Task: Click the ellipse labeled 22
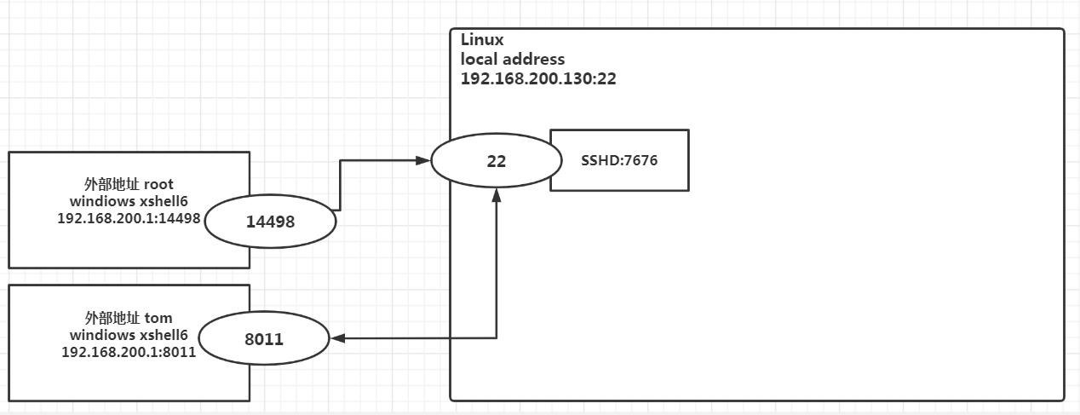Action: click(497, 160)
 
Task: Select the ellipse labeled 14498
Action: click(270, 222)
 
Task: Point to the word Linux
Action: click(482, 40)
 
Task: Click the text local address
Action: click(513, 60)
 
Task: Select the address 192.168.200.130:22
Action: click(538, 78)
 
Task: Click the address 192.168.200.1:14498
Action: click(129, 218)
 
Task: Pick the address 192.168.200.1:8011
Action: click(129, 352)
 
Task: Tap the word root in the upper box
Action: click(159, 184)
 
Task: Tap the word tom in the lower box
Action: click(158, 319)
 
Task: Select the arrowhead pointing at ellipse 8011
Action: click(338, 338)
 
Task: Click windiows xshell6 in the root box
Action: click(129, 201)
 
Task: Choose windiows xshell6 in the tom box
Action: click(129, 336)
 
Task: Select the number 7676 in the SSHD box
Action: click(641, 160)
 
